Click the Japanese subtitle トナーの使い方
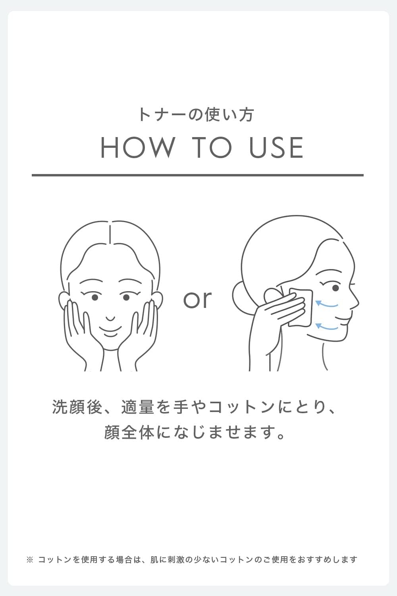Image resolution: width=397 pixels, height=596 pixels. click(196, 115)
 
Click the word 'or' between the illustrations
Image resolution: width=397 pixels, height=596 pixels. click(197, 299)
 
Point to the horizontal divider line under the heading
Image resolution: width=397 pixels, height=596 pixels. click(198, 175)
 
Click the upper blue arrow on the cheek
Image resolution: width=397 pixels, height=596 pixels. click(326, 304)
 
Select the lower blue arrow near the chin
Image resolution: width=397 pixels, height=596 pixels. click(326, 327)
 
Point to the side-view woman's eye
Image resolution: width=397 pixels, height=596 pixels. click(335, 288)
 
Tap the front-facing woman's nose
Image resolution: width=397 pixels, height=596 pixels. click(110, 319)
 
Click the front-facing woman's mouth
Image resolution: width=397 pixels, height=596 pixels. click(110, 331)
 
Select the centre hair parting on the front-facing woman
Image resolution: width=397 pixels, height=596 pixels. click(110, 233)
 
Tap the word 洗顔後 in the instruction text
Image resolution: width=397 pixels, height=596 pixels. click(77, 407)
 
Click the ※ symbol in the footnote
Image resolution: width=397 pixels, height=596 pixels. click(30, 559)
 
